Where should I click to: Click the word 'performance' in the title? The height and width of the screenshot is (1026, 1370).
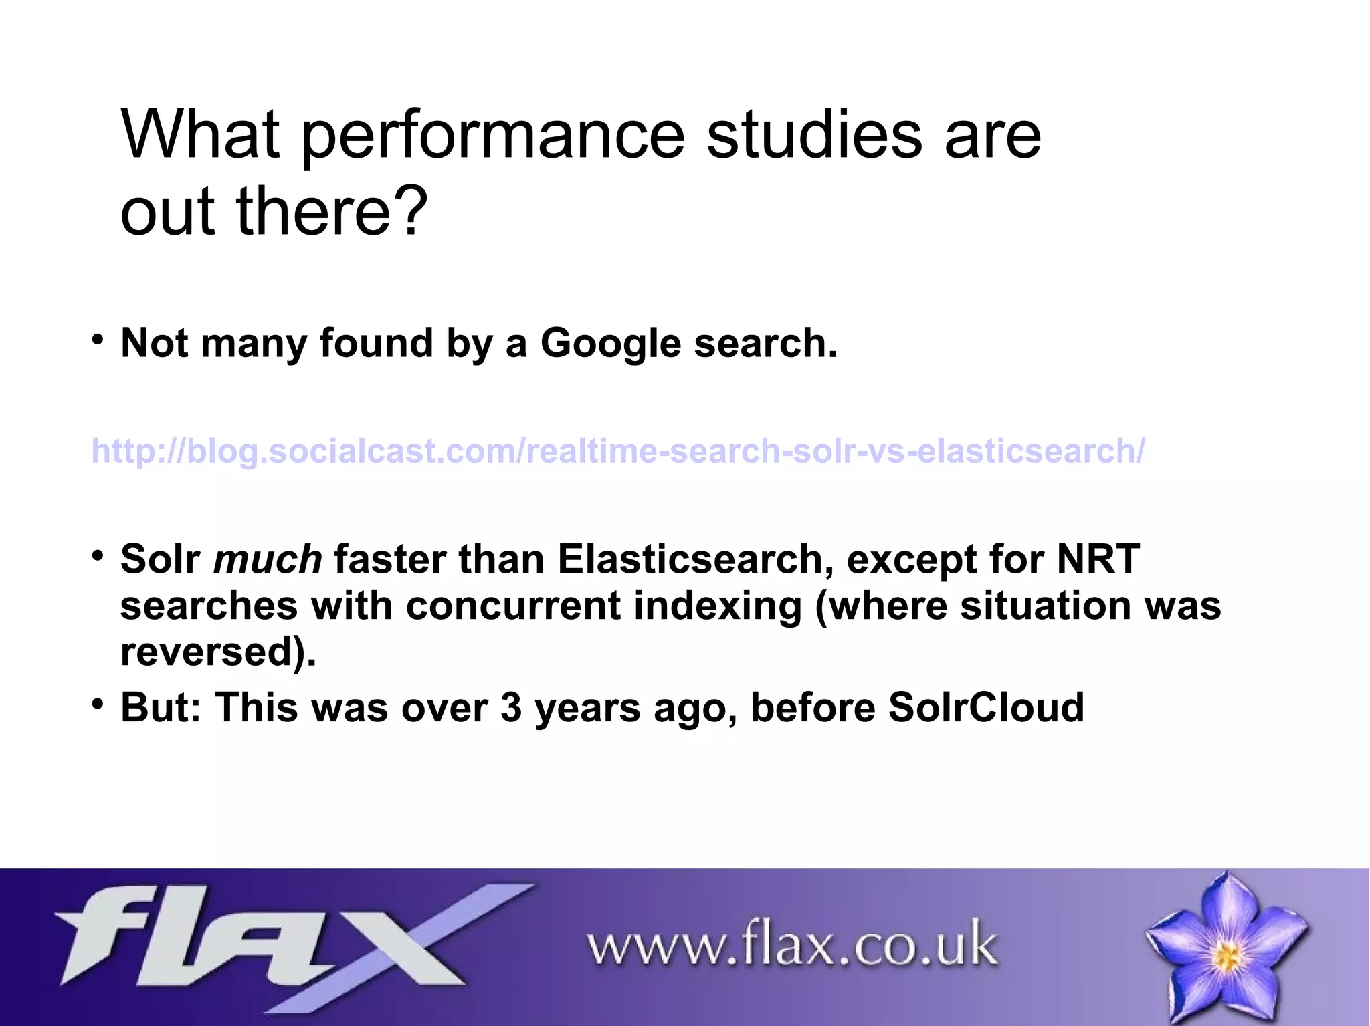pyautogui.click(x=493, y=137)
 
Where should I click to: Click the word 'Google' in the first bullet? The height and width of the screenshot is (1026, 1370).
pyautogui.click(x=610, y=344)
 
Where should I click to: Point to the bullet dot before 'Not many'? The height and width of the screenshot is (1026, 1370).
pyautogui.click(x=98, y=339)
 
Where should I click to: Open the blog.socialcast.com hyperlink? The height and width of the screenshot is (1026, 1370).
pyautogui.click(x=617, y=451)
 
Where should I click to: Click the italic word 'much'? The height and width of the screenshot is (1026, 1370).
pyautogui.click(x=268, y=559)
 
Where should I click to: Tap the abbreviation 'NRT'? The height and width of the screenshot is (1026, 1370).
pyautogui.click(x=1098, y=559)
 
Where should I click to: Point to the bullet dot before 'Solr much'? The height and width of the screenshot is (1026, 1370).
pyautogui.click(x=98, y=555)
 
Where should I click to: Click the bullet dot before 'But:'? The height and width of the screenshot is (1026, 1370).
pyautogui.click(x=98, y=703)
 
